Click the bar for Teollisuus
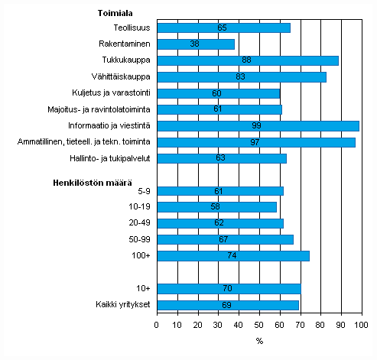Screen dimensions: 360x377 (x=223, y=28)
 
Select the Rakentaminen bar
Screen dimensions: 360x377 (x=196, y=44)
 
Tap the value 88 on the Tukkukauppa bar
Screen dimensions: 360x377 (x=247, y=60)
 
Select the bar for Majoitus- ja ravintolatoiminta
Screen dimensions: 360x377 (x=219, y=109)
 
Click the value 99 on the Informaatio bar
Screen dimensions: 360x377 (x=258, y=125)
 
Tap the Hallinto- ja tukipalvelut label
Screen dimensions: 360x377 (x=112, y=158)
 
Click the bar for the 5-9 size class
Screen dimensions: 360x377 (x=219, y=191)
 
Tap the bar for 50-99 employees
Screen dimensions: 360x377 (x=226, y=239)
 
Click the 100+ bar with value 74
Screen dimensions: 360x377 (x=232, y=256)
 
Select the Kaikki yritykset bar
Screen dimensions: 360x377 (x=227, y=304)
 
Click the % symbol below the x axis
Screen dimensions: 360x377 (x=259, y=341)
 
